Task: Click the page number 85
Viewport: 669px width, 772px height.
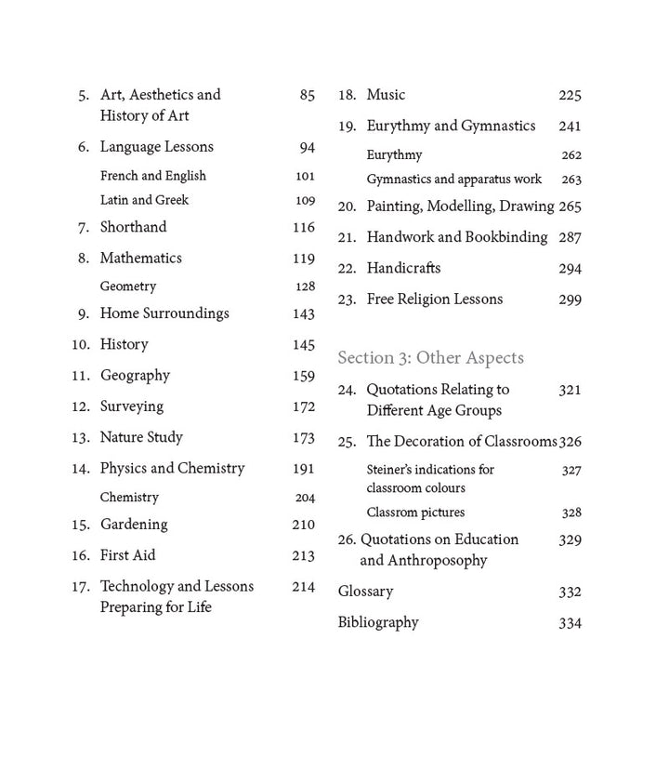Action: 307,95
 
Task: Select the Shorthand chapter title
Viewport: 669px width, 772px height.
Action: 133,227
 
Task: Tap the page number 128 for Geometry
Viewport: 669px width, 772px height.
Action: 305,286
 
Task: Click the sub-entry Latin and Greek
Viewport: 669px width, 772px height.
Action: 144,200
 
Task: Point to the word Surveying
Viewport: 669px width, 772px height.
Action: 131,406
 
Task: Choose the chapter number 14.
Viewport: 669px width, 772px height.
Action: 80,469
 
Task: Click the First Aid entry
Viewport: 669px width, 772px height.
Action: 127,555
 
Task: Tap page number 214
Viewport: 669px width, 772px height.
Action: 303,587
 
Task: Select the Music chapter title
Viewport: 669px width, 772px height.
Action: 386,95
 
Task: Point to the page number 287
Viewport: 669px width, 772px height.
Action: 570,237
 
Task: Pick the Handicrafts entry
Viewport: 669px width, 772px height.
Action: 403,268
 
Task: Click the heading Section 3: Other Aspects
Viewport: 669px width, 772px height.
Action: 430,358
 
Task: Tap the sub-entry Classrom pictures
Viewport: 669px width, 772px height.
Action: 415,512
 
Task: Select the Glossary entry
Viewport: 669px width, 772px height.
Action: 365,592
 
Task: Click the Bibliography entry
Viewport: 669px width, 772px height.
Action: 377,622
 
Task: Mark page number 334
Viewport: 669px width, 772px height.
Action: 570,623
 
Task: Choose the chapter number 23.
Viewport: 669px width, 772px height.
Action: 347,299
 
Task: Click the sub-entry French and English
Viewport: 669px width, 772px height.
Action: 152,176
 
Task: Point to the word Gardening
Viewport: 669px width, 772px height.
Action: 134,525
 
